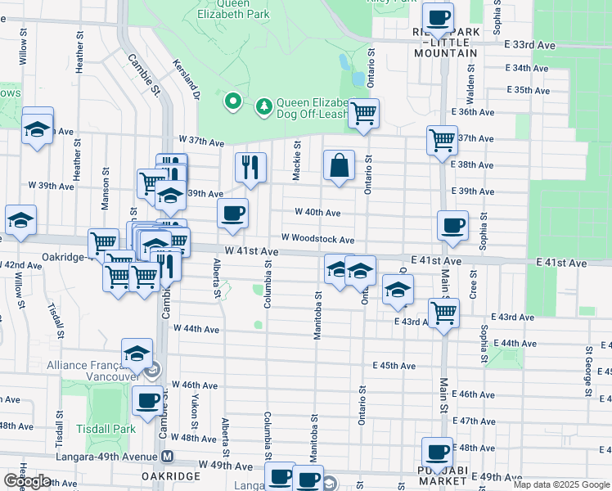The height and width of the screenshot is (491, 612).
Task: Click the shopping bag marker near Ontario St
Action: point(339,166)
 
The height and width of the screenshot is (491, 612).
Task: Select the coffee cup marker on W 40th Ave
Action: point(233,214)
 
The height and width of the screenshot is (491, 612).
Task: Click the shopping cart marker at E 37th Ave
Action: point(442,140)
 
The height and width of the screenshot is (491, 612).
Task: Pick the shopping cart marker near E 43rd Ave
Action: point(443,312)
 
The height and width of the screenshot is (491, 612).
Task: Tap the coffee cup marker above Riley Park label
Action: point(438,16)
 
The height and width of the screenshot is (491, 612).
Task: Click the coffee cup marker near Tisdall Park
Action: point(147,402)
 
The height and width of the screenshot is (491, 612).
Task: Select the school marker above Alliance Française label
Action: point(137,354)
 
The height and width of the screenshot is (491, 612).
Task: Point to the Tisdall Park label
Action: point(113,429)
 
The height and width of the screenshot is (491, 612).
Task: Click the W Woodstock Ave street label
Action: point(317,240)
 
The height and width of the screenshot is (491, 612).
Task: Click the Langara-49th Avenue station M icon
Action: point(167,456)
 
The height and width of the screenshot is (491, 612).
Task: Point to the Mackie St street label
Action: point(297,160)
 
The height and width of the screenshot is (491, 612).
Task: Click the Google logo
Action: point(28,481)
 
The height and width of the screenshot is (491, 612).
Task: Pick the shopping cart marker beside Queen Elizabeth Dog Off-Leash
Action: point(363,113)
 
